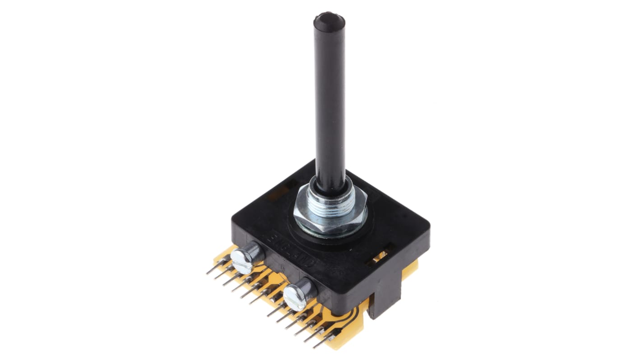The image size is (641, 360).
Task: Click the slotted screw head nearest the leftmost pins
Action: pyautogui.click(x=242, y=262)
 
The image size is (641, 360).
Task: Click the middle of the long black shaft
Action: pyautogui.click(x=330, y=104)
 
